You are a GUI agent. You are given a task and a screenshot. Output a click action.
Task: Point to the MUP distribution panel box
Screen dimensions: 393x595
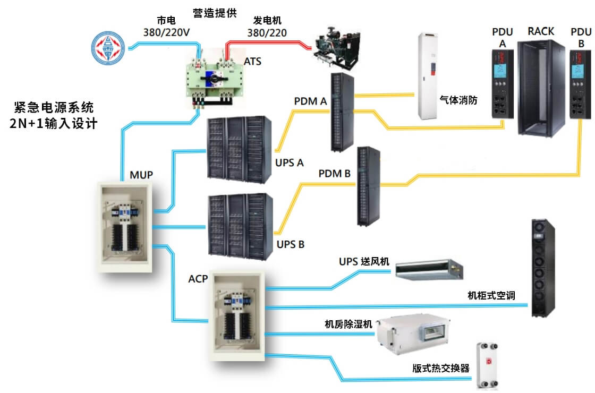pyautogui.click(x=126, y=226)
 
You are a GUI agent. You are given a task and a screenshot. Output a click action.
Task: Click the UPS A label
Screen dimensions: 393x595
pyautogui.click(x=290, y=163)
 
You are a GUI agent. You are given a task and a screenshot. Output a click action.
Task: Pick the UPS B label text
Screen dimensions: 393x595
pyautogui.click(x=291, y=245)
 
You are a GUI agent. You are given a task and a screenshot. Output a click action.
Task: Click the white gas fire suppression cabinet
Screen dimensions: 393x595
pyautogui.click(x=429, y=75)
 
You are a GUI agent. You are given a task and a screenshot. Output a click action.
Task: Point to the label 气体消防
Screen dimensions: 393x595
pyautogui.click(x=458, y=99)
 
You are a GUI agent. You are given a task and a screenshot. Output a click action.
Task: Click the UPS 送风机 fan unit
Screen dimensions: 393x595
pyautogui.click(x=429, y=269)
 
